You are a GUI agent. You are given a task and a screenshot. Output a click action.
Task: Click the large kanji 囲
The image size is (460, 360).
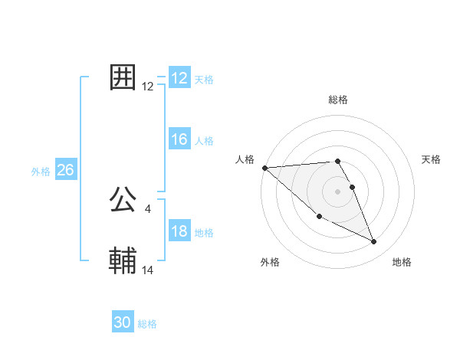pyautogui.click(x=123, y=77)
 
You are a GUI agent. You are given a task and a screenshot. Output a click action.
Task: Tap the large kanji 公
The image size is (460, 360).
pyautogui.click(x=123, y=200)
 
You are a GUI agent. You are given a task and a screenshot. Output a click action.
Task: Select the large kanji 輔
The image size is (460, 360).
pyautogui.click(x=123, y=261)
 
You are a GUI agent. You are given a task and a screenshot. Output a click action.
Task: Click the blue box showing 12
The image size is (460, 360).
pyautogui.click(x=179, y=78)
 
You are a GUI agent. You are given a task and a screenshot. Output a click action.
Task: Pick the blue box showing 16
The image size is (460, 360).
pyautogui.click(x=179, y=139)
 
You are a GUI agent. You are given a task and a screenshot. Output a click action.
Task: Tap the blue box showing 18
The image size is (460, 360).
pyautogui.click(x=179, y=231)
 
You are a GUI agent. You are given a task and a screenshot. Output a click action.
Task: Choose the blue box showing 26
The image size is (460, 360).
pyautogui.click(x=65, y=170)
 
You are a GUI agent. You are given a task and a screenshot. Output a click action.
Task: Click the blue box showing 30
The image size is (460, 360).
pyautogui.click(x=123, y=322)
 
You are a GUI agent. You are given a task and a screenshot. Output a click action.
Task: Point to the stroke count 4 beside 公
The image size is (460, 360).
pyautogui.click(x=147, y=209)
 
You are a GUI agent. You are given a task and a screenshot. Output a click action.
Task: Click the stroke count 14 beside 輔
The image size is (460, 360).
pyautogui.click(x=148, y=270)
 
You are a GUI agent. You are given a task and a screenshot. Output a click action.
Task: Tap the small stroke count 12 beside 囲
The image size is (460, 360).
pyautogui.click(x=148, y=87)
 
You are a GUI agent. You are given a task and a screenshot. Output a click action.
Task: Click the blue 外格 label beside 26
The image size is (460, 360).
pyautogui.click(x=41, y=172)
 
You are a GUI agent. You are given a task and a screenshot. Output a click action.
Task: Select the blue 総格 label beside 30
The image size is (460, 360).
pyautogui.click(x=147, y=324)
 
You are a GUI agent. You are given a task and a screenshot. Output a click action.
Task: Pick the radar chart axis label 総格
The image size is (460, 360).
pyautogui.click(x=338, y=100)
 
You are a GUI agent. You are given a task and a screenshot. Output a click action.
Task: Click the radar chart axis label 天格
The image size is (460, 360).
pyautogui.click(x=431, y=159)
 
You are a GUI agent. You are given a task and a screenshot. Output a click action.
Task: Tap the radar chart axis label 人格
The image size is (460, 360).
pyautogui.click(x=245, y=159)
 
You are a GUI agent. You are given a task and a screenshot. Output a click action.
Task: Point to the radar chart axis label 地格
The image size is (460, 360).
pyautogui.click(x=402, y=262)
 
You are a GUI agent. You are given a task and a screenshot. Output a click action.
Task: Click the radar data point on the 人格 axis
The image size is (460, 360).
pyautogui.click(x=264, y=168)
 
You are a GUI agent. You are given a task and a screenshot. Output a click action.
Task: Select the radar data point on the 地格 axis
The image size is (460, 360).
pyautogui.click(x=374, y=242)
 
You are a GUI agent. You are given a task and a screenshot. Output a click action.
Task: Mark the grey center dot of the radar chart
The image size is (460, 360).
pyautogui.click(x=338, y=191)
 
